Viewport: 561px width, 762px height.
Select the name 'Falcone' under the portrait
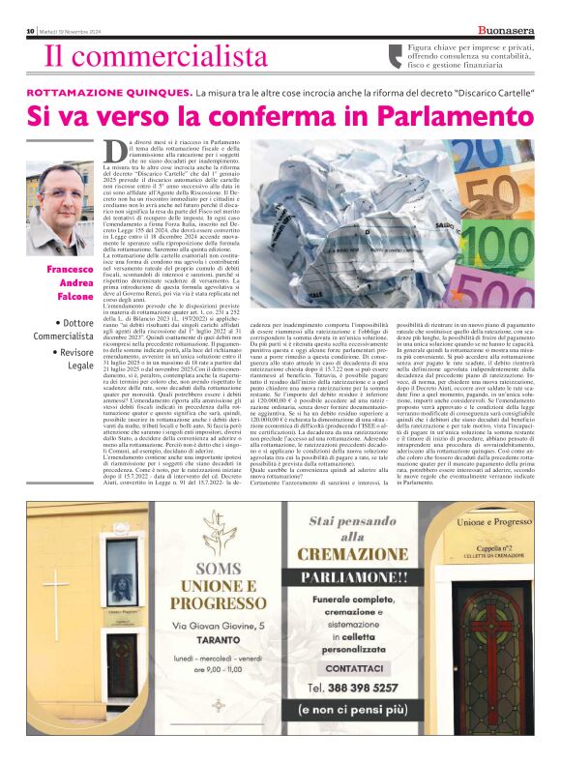[74, 294]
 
